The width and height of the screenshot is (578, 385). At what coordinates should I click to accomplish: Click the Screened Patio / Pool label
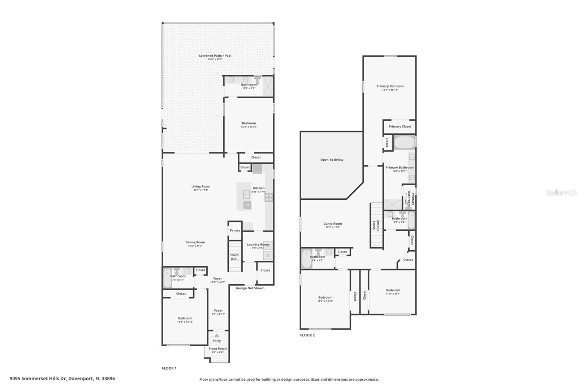coord(215,56)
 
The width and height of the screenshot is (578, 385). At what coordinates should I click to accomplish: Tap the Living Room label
coord(200,186)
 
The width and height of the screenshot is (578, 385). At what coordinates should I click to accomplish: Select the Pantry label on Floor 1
coord(235,230)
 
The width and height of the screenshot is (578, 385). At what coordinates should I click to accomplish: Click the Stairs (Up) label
coord(234,257)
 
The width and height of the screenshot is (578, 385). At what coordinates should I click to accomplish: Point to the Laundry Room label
coord(258,245)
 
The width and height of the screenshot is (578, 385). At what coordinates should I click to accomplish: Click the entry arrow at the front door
coord(216,336)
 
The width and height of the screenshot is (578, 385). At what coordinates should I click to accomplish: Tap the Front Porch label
coord(217,349)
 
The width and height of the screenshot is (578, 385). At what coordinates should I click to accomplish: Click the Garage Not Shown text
coord(250,288)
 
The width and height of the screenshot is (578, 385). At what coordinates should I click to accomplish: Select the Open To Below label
coord(332,160)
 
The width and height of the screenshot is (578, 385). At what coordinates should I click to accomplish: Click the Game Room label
coord(332,224)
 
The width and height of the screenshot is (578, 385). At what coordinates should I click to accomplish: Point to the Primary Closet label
coord(400,126)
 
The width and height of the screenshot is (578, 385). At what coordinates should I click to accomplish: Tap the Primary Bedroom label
coord(390,86)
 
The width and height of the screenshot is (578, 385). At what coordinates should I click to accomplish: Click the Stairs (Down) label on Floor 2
coord(376,225)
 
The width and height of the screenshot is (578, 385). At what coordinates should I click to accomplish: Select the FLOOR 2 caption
coord(307,335)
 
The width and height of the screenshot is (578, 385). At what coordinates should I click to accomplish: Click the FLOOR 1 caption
coord(169,368)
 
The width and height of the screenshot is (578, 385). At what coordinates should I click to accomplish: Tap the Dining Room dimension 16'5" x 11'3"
coord(195,246)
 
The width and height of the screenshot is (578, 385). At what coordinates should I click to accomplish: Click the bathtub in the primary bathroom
coord(404,142)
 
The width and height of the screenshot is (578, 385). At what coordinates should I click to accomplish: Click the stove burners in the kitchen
coord(269,197)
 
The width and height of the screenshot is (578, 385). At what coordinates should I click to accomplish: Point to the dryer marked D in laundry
coord(268,256)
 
